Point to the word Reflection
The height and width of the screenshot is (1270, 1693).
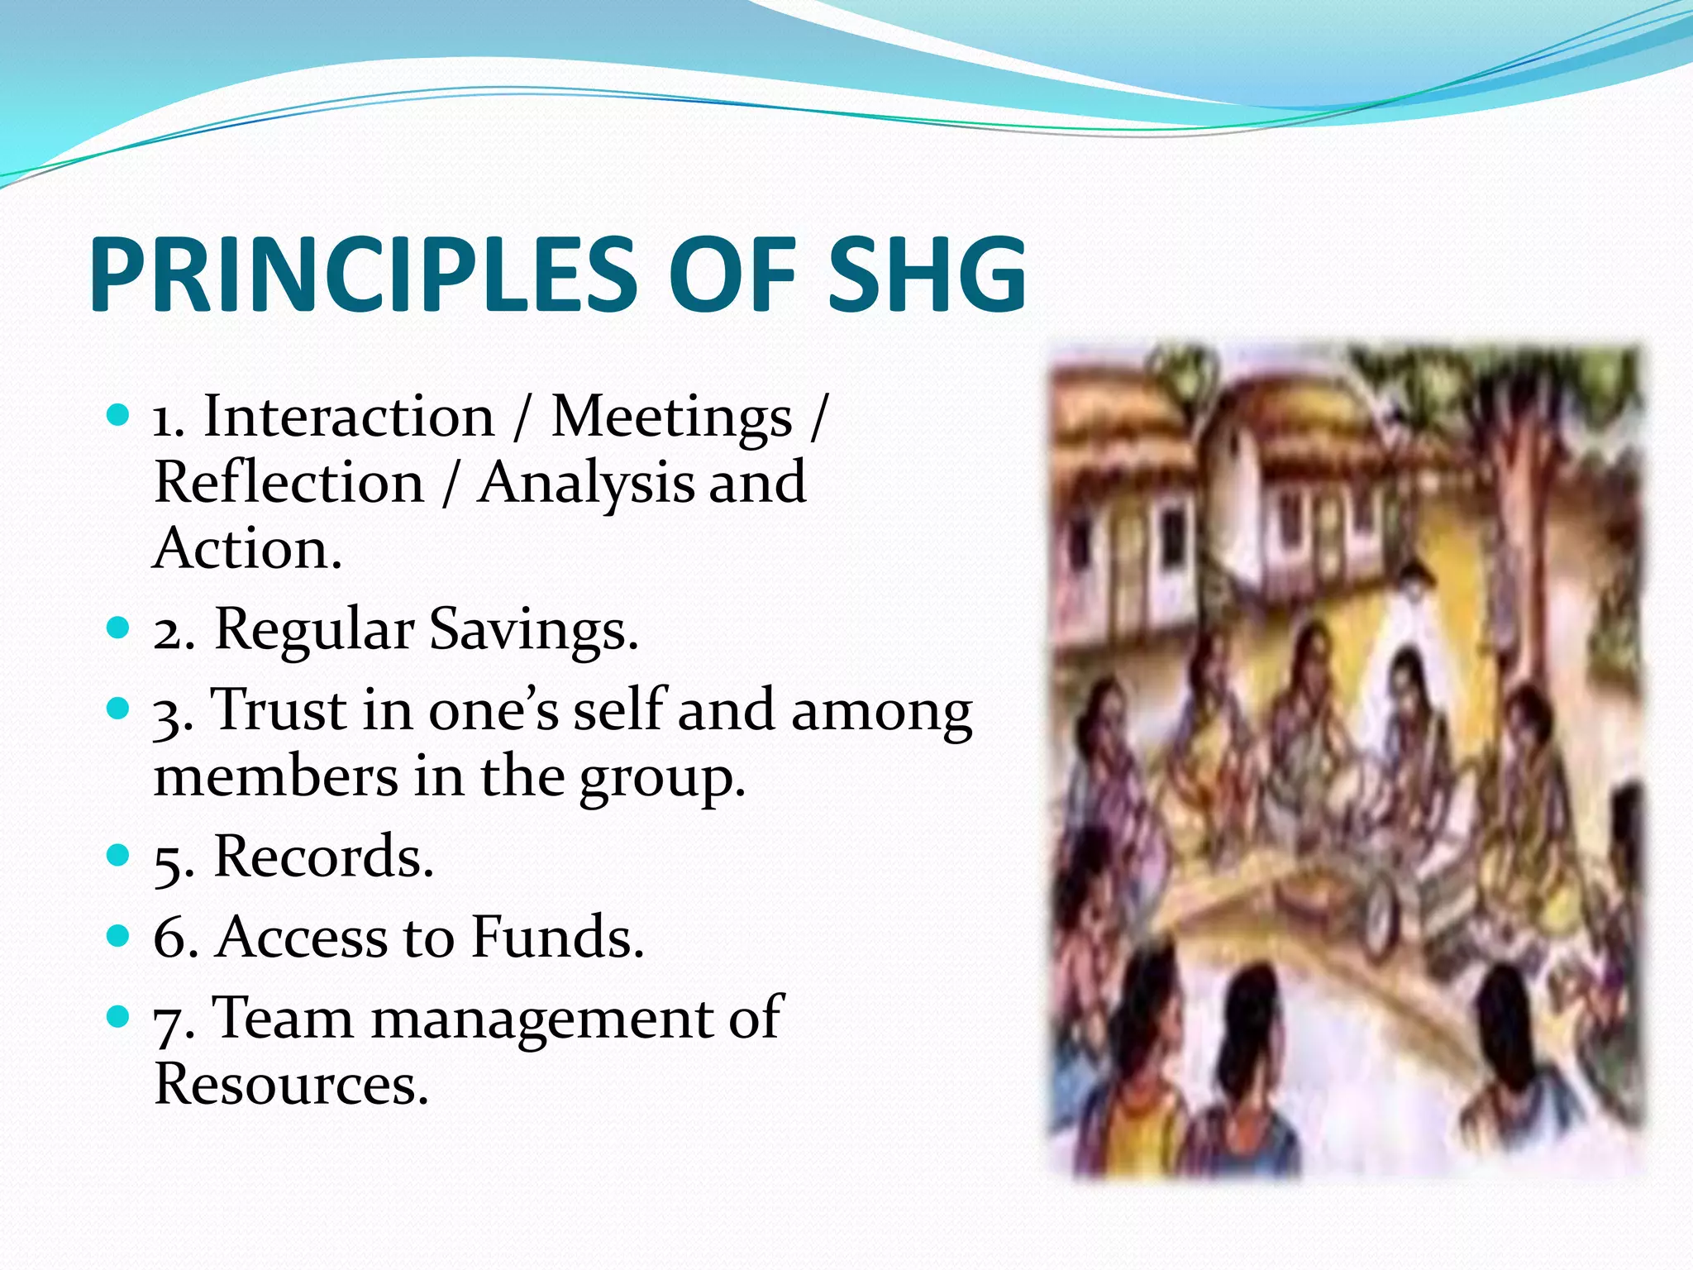pyautogui.click(x=289, y=483)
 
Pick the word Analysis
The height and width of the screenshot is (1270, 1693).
pyautogui.click(x=586, y=485)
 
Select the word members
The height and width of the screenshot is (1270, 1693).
pyautogui.click(x=276, y=777)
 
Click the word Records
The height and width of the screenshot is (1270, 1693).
pyautogui.click(x=323, y=857)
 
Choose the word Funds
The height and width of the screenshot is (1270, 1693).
pyautogui.click(x=557, y=938)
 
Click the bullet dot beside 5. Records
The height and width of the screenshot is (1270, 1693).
pyautogui.click(x=119, y=854)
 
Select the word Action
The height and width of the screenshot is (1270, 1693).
pyautogui.click(x=246, y=549)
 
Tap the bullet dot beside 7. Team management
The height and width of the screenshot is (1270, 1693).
pyautogui.click(x=119, y=1015)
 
